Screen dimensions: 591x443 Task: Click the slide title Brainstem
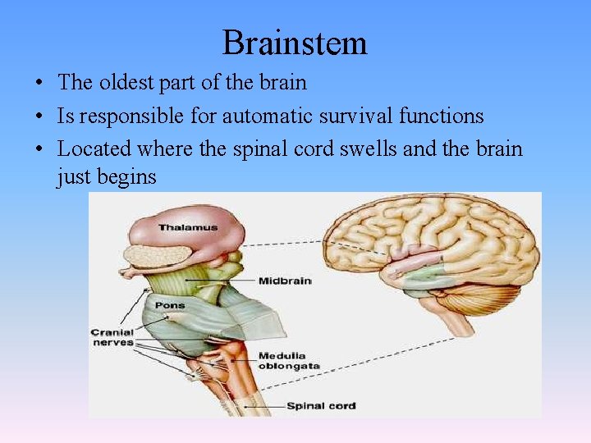click(295, 43)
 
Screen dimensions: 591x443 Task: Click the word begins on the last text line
click(128, 176)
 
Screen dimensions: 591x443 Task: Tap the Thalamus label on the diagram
click(187, 227)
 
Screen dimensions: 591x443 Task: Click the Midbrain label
click(285, 281)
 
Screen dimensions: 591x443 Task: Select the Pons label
click(171, 306)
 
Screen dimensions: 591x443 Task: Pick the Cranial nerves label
click(112, 336)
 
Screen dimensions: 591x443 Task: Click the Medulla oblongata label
click(288, 361)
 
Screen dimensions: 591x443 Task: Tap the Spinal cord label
click(321, 405)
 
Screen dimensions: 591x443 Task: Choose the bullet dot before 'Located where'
click(39, 150)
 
